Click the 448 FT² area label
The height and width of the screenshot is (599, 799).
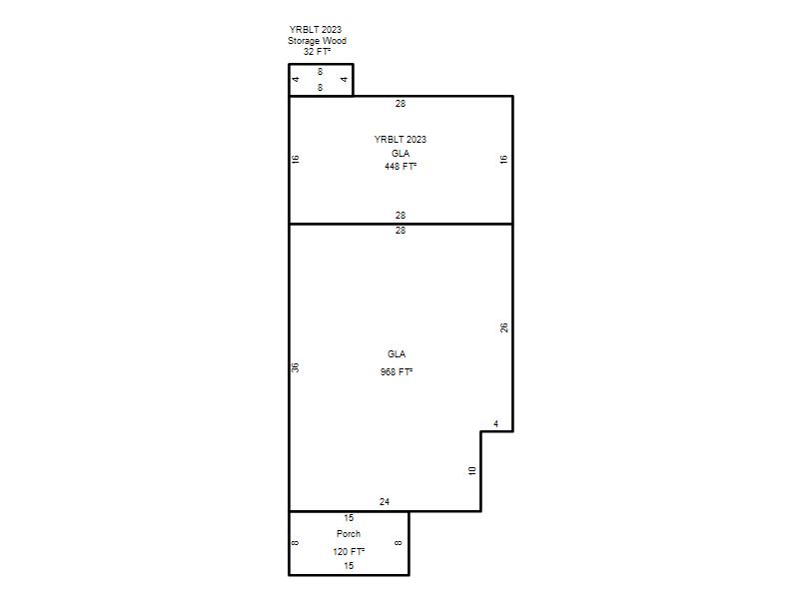400,167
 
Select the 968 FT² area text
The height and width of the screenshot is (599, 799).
397,371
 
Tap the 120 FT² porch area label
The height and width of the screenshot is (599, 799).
349,552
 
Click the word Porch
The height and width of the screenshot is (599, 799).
349,534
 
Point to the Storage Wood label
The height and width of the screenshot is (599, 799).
317,41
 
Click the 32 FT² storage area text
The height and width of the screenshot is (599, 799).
317,52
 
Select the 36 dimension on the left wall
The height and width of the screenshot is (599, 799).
295,367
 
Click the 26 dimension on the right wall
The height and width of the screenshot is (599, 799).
504,327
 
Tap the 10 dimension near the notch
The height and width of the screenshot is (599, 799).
471,470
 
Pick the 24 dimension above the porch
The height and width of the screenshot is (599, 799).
385,502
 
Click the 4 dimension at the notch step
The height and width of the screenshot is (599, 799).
495,423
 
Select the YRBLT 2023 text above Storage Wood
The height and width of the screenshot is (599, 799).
316,30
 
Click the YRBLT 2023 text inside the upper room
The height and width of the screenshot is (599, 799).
400,139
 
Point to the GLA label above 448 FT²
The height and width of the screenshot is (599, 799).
400,154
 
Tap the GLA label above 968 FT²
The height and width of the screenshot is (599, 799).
397,354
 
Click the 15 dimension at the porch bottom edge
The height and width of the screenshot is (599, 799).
349,565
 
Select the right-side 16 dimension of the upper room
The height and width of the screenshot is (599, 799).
503,160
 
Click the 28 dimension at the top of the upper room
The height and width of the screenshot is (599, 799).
400,104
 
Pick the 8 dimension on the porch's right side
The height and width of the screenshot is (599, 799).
399,543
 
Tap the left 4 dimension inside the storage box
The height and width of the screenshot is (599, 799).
296,79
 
